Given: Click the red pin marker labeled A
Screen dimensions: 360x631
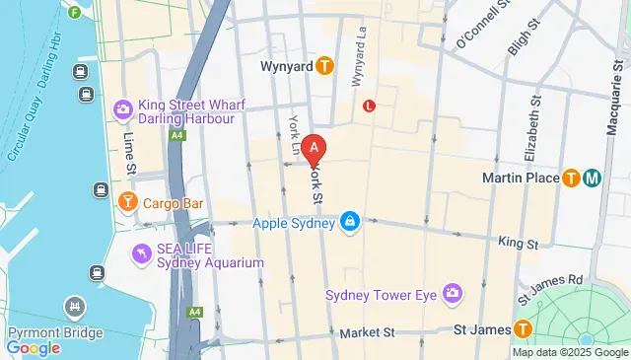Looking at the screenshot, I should [314, 150].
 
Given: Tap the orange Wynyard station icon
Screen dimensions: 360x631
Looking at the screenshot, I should [325, 66].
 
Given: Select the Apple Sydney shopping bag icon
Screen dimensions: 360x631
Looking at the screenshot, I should [349, 223].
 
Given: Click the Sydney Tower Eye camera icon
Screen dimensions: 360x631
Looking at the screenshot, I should [453, 293].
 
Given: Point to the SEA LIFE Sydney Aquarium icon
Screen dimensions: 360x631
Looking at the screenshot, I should [143, 255].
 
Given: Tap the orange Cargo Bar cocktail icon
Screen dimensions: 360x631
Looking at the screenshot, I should [127, 203].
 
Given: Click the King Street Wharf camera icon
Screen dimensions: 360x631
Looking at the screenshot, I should [123, 108].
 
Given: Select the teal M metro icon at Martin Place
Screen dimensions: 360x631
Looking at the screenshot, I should [593, 179].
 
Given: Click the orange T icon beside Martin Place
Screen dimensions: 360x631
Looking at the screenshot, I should [571, 179].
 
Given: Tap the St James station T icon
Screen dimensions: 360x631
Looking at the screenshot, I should [524, 329].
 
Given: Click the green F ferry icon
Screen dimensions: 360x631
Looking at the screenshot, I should [76, 13].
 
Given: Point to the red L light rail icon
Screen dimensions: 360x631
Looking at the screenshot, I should [370, 106].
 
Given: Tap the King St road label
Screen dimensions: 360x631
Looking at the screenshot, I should [519, 242].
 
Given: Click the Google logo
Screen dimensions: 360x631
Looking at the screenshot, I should [34, 347].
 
